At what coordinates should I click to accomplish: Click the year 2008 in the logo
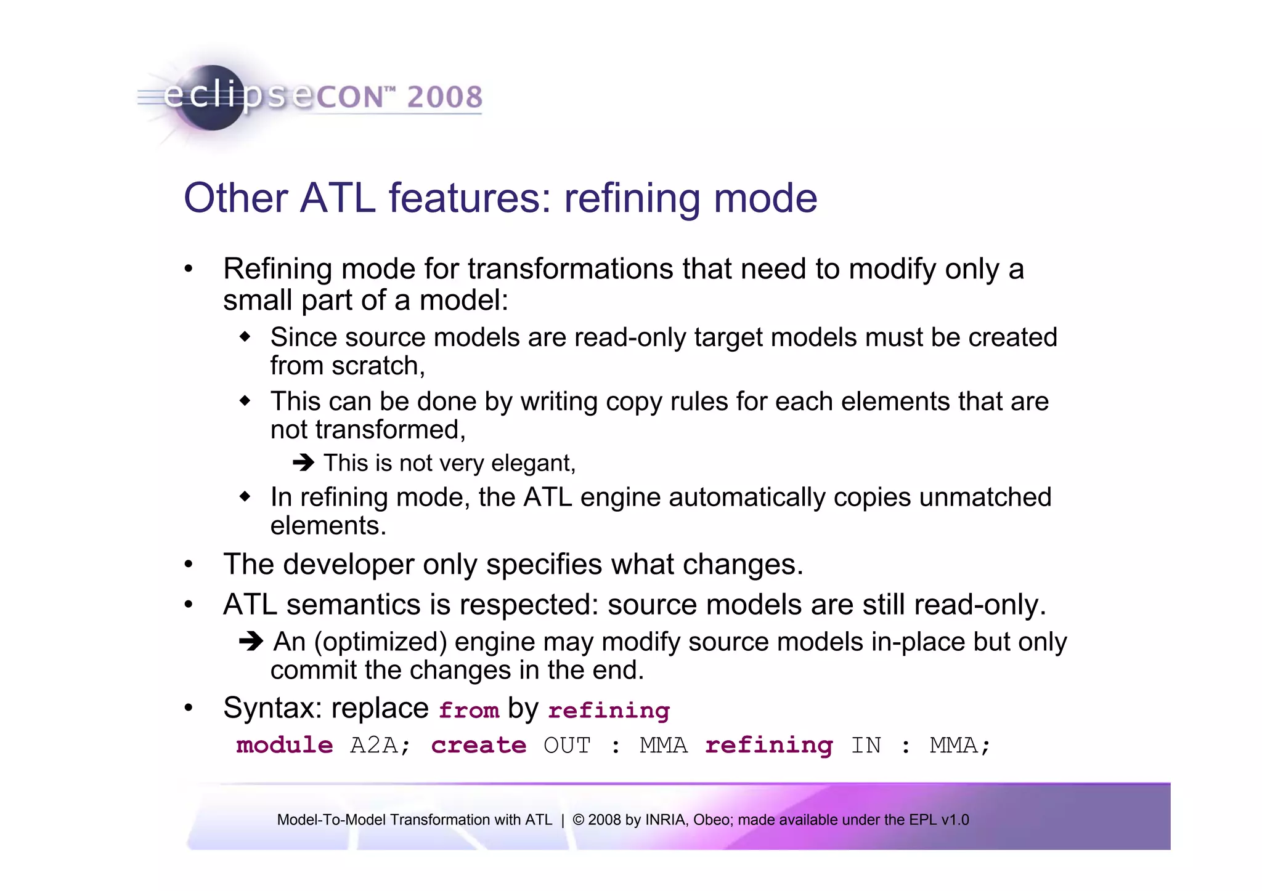click(x=444, y=97)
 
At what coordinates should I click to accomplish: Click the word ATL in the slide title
click(x=337, y=198)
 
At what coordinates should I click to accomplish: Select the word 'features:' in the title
click(x=470, y=198)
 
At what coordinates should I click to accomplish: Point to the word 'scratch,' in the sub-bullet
click(x=378, y=366)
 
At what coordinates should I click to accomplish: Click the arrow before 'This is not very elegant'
click(x=303, y=462)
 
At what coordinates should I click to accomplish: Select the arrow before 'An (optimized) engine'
click(x=251, y=642)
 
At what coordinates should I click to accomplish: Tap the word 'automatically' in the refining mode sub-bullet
click(x=747, y=498)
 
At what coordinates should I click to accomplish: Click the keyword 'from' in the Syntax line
click(x=468, y=711)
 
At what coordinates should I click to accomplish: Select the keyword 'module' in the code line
click(x=284, y=746)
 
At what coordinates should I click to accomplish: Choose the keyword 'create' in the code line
click(x=478, y=746)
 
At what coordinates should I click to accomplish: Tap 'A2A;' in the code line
click(x=380, y=746)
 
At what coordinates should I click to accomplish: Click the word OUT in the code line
click(x=567, y=746)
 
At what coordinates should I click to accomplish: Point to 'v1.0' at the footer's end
click(x=955, y=820)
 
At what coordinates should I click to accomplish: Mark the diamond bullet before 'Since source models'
click(x=245, y=337)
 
